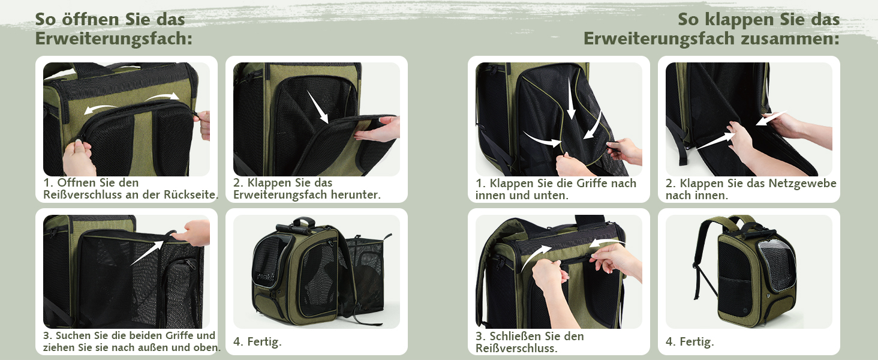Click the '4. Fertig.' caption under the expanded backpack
(257, 341)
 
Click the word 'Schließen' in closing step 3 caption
(513, 336)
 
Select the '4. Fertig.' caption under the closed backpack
(690, 341)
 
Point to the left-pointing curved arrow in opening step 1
(100, 109)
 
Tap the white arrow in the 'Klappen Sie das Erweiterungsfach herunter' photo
(318, 107)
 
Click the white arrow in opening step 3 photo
(148, 253)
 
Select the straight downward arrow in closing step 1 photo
(571, 98)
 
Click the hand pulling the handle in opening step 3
(192, 233)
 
